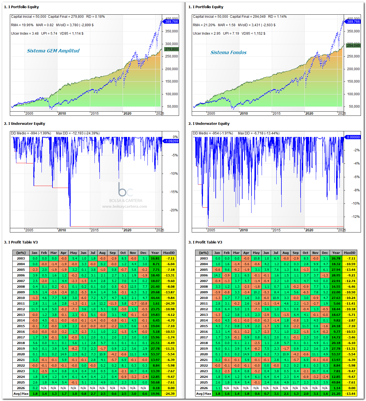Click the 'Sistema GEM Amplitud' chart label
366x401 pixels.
(x=53, y=51)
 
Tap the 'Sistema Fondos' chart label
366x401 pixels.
(x=228, y=52)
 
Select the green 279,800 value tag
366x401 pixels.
(x=171, y=49)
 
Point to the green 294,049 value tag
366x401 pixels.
(x=353, y=45)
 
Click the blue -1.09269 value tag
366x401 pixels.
(x=171, y=141)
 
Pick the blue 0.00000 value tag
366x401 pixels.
(x=353, y=137)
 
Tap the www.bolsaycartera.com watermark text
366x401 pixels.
(x=124, y=206)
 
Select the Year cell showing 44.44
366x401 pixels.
(x=155, y=298)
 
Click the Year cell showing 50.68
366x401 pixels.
(x=155, y=382)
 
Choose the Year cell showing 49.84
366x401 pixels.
(x=336, y=382)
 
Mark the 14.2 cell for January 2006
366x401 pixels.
(x=217, y=275)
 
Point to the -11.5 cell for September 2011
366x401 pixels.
(x=113, y=303)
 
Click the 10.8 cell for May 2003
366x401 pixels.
(x=256, y=258)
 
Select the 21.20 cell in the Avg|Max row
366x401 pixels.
(x=336, y=394)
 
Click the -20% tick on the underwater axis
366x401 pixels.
(x=174, y=210)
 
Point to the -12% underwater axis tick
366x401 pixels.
(x=356, y=217)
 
